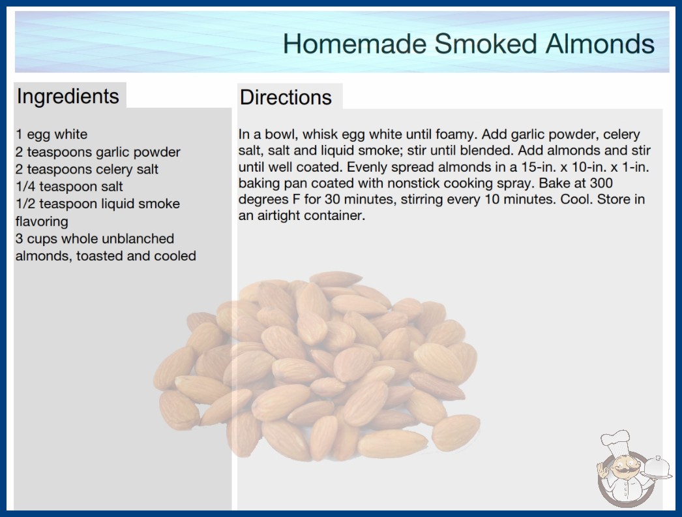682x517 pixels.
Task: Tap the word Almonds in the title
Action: [x=600, y=44]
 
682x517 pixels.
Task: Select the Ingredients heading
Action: [x=68, y=97]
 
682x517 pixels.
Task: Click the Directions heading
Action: [x=286, y=97]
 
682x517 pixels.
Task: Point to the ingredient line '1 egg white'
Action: [x=52, y=134]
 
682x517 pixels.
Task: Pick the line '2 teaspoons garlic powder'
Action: [x=98, y=152]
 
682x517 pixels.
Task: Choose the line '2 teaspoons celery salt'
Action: [x=87, y=169]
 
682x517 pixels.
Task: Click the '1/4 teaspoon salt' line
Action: [x=69, y=187]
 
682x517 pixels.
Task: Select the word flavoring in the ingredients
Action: [x=42, y=222]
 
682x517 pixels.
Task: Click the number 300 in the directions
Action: [x=601, y=183]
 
